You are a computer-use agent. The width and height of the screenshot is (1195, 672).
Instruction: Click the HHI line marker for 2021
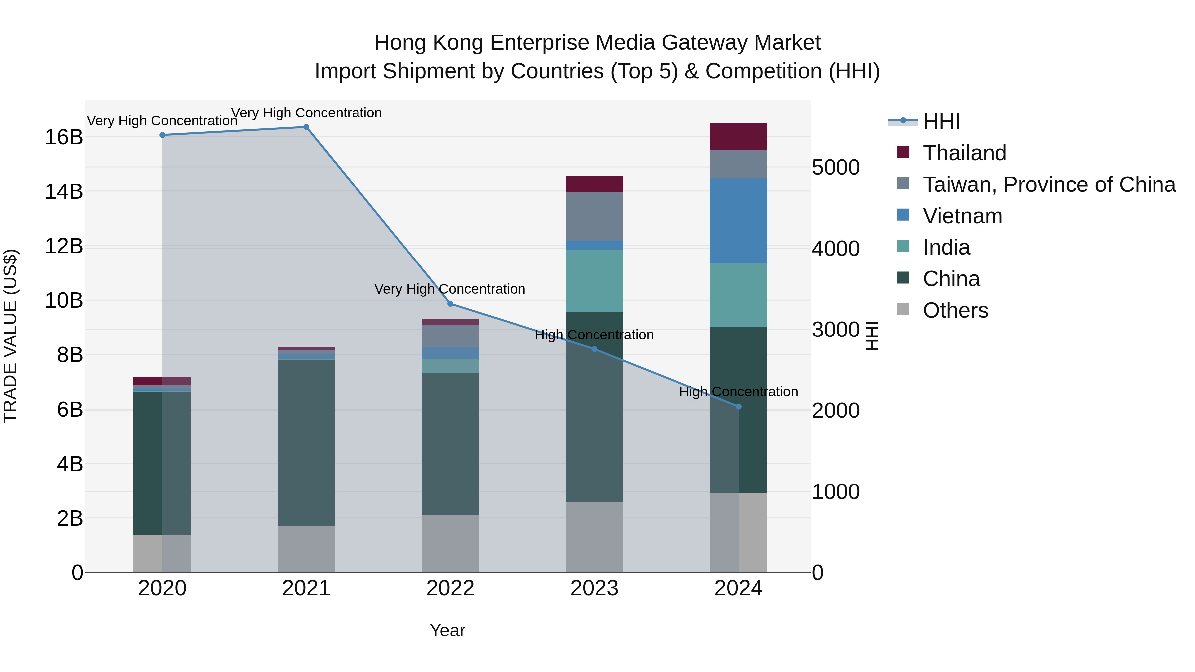(x=306, y=127)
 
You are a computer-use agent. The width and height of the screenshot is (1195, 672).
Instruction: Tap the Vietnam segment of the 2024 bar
(x=739, y=221)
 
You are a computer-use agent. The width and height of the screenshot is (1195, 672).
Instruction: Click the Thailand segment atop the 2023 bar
(x=594, y=184)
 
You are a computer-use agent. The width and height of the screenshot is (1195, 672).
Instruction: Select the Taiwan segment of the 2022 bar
(x=450, y=336)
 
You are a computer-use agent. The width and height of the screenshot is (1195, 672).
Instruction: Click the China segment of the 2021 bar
(x=306, y=443)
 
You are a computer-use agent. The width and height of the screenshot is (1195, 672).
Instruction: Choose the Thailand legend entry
(x=964, y=153)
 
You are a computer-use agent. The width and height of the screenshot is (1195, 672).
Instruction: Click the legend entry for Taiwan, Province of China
(x=1048, y=185)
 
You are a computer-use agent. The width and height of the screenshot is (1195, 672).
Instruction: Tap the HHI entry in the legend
(x=941, y=121)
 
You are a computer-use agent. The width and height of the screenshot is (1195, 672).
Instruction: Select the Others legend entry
(x=955, y=310)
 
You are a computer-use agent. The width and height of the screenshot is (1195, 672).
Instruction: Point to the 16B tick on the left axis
(x=64, y=137)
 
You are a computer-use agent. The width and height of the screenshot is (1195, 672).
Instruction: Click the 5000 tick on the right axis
(x=836, y=168)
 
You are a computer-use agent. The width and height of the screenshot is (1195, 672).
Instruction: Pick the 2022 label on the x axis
(x=450, y=588)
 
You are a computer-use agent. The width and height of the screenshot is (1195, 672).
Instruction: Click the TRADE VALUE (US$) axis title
(x=10, y=336)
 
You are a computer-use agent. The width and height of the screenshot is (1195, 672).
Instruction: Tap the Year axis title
(x=447, y=630)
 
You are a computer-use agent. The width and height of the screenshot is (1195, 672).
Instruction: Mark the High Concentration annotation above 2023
(x=594, y=335)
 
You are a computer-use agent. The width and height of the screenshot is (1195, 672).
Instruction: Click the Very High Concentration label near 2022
(x=449, y=289)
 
